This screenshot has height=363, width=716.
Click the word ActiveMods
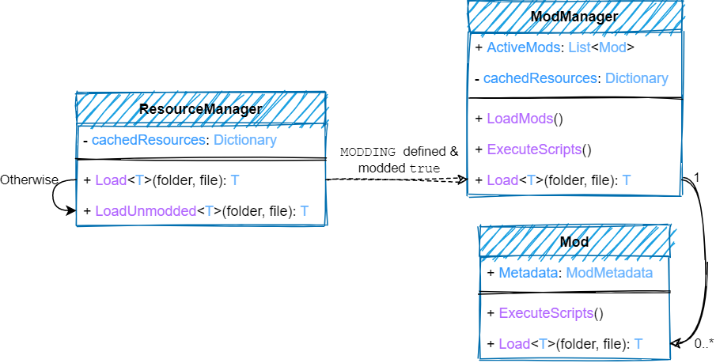[523, 47]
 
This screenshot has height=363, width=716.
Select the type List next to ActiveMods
[579, 47]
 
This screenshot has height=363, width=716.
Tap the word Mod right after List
[612, 47]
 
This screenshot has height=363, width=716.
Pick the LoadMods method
[520, 119]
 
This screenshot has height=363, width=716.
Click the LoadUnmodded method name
[146, 211]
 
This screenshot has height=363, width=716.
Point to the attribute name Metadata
[528, 273]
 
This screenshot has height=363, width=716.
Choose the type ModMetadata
[609, 273]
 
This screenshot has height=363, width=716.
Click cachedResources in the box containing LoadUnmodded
[149, 141]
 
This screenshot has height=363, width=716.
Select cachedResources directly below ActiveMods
[540, 78]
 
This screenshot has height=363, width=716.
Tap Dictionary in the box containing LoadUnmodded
[245, 141]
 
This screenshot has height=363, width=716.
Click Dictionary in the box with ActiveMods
[637, 78]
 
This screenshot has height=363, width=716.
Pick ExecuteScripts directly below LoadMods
[534, 149]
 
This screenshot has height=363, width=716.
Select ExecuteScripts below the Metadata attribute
[546, 313]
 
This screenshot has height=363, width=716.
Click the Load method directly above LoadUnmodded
[111, 180]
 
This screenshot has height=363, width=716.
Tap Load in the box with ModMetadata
[514, 344]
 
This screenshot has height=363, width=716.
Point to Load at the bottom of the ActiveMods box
[502, 180]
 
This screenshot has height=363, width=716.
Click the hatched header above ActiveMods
[574, 16]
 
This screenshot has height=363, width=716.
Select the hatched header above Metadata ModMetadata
[574, 241]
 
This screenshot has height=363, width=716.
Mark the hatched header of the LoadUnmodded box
[201, 109]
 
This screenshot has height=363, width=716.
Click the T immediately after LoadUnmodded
[209, 211]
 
